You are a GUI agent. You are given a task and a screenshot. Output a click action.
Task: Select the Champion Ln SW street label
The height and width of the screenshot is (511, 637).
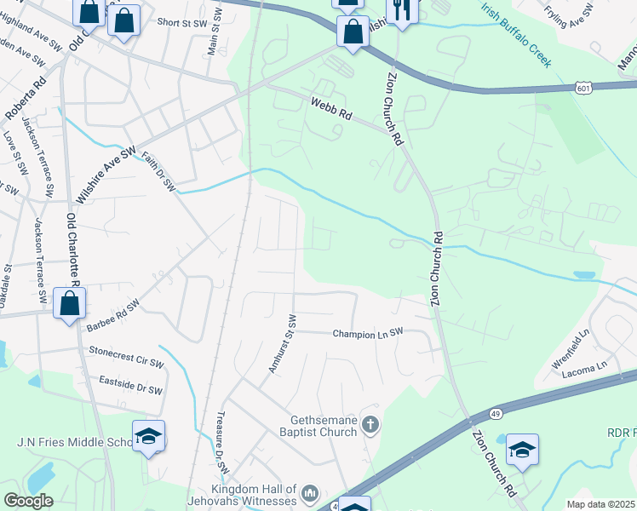click(367, 334)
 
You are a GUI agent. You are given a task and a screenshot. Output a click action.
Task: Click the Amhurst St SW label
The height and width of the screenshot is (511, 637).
click(282, 344)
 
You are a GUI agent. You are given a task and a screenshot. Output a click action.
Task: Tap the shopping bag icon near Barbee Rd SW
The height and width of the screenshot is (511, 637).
click(69, 303)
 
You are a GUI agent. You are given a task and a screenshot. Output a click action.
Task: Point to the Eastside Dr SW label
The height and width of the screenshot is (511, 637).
click(130, 385)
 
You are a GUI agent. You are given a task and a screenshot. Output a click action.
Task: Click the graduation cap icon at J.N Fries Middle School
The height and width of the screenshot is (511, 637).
click(148, 436)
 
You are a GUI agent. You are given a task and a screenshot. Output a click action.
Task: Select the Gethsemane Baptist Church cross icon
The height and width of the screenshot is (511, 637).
click(370, 423)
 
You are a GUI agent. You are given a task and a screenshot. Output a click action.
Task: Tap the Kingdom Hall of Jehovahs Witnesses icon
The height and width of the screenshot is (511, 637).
click(310, 492)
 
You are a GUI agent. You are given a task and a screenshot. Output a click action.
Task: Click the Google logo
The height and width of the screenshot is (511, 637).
click(28, 501)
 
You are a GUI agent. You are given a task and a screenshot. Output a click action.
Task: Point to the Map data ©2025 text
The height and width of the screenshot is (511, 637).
click(601, 504)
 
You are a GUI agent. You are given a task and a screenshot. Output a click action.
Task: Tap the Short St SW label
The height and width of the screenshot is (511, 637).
click(181, 21)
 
